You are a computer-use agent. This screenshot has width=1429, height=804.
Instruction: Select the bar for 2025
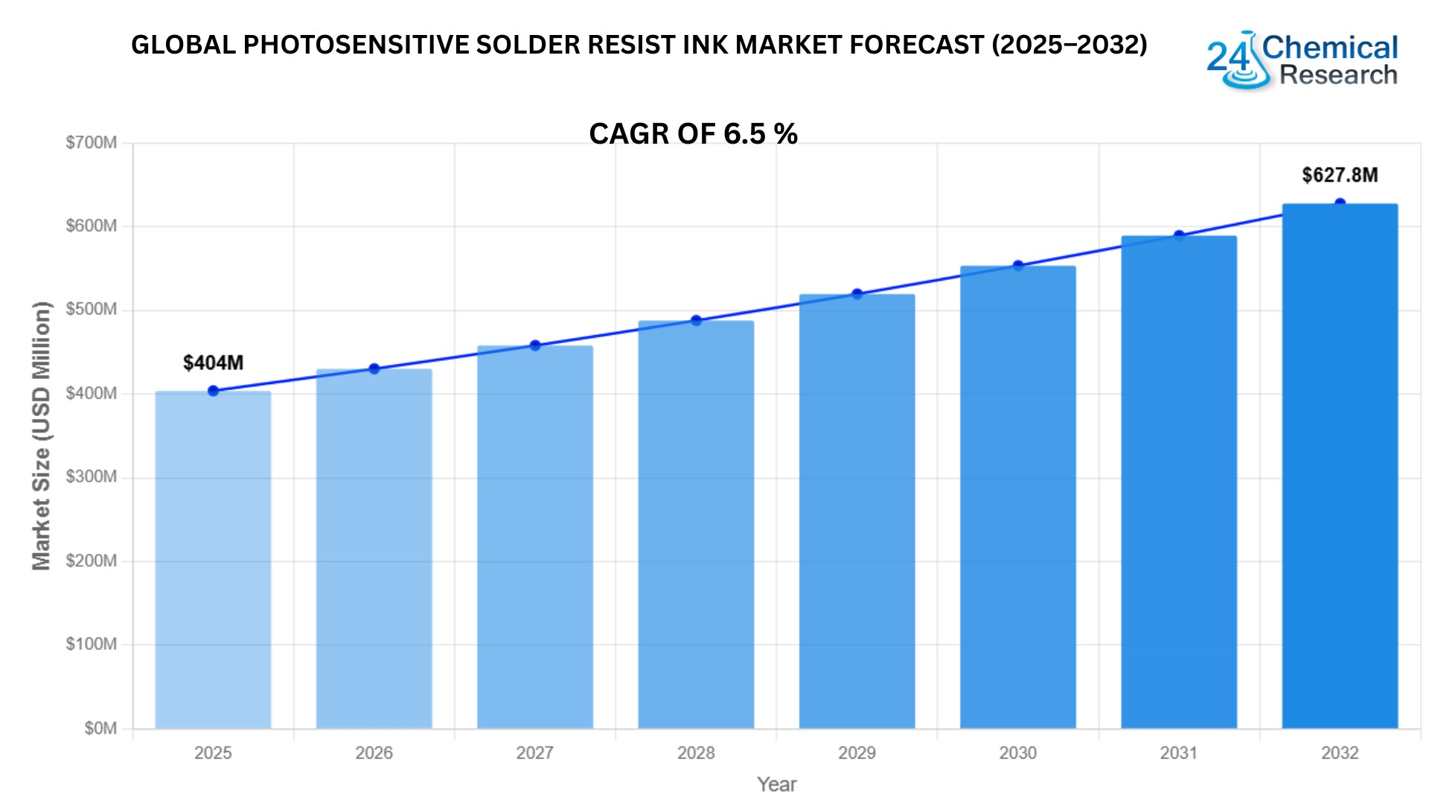click(x=213, y=558)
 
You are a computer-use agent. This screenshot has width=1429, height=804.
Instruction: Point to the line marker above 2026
click(x=374, y=368)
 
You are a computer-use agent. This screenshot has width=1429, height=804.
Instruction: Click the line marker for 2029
click(x=857, y=294)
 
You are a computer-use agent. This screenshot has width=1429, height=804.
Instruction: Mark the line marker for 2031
click(x=1179, y=236)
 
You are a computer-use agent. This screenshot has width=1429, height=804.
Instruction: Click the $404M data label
click(x=213, y=363)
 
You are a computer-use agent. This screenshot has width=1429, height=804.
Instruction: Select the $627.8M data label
click(x=1340, y=175)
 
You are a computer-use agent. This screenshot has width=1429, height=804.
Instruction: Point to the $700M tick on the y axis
click(x=92, y=142)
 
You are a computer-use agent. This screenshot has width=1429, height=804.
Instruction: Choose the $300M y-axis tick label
click(x=92, y=476)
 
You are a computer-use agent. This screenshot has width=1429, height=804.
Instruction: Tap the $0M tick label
click(x=100, y=727)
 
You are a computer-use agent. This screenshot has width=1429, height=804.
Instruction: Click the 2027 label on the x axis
click(x=534, y=753)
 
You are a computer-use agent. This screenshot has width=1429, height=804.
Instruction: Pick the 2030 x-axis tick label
click(x=1017, y=753)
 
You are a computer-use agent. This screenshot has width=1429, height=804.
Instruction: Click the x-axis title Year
click(x=776, y=784)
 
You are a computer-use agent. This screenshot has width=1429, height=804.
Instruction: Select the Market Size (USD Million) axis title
click(x=41, y=435)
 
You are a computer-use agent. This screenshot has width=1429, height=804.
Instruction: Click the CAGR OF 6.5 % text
click(x=693, y=134)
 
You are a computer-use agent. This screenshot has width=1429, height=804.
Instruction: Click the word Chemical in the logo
click(x=1330, y=48)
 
